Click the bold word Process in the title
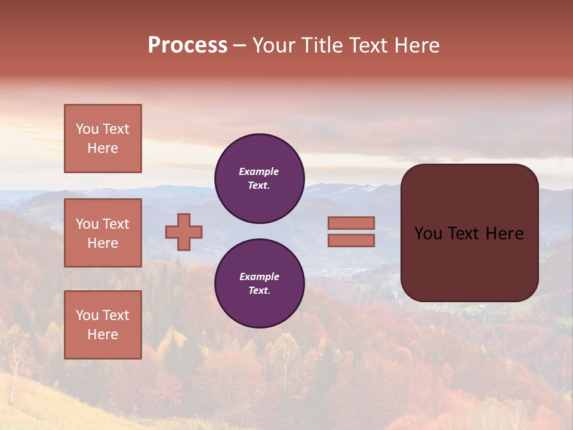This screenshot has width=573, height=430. coord(187,45)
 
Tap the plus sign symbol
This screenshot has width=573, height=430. coord(184,232)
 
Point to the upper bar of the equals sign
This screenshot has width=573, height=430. coord(351,223)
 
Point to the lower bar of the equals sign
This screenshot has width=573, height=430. coord(351,240)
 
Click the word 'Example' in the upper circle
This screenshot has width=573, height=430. coord(258,171)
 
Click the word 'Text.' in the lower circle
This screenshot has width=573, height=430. coord(259,291)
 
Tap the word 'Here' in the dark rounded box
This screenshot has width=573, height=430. coord(504,234)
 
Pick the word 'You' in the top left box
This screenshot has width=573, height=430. coord(87,129)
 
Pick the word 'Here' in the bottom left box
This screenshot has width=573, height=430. coord(103,334)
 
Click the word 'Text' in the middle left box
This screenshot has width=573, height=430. coord(116,224)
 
